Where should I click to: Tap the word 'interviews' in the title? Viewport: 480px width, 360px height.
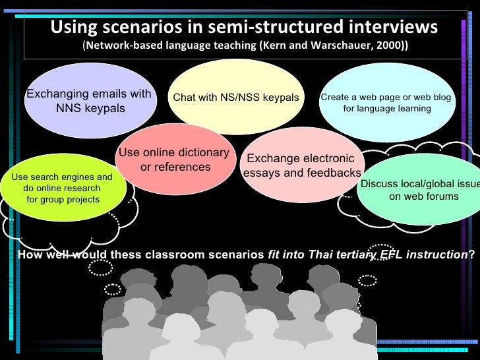(388, 27)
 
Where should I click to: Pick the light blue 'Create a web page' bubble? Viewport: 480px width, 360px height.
(386, 102)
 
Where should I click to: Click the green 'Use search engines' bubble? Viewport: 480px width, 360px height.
(62, 188)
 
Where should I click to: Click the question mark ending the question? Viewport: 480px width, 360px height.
(471, 256)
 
